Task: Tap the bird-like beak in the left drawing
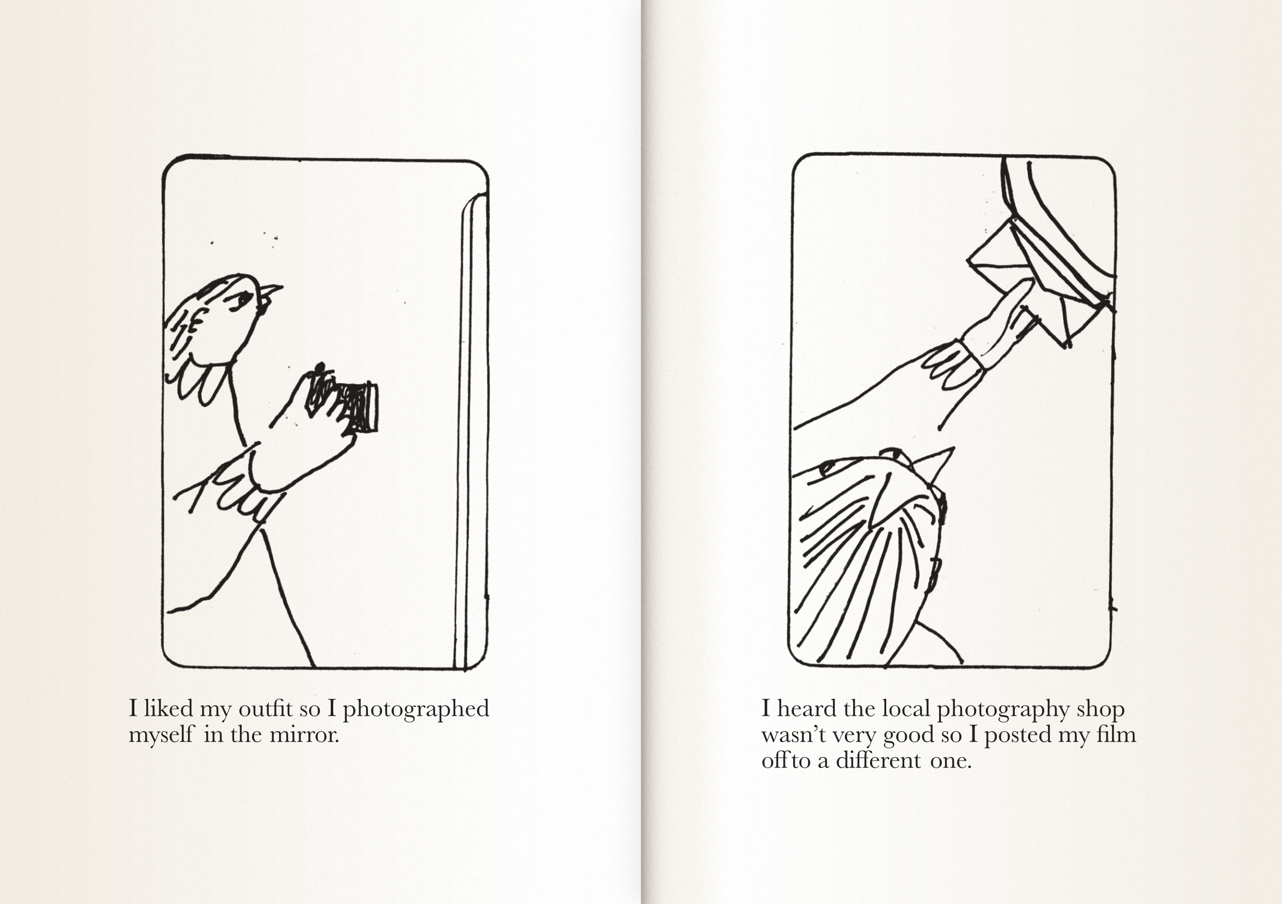point(271,292)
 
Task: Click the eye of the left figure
point(241,301)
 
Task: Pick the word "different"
point(878,760)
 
